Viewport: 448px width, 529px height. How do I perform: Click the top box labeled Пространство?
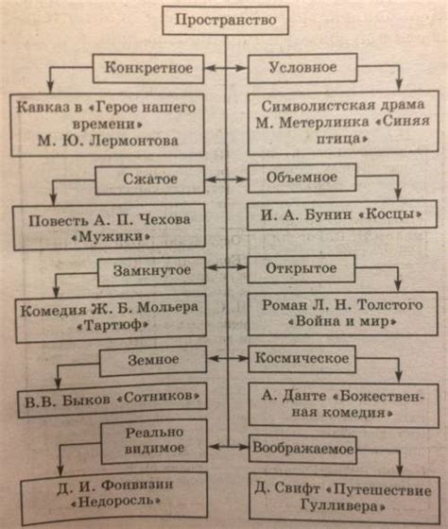tap(225, 19)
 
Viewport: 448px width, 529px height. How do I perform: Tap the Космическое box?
tap(302, 359)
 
